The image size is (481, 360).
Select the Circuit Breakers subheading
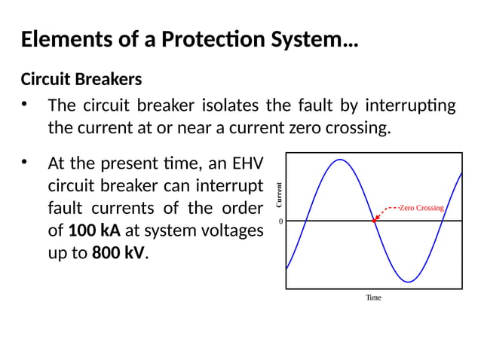click(81, 79)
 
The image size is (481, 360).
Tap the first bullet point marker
click(26, 105)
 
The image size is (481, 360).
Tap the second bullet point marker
click(26, 162)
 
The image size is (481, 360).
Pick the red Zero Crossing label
click(421, 207)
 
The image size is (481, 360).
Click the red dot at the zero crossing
click(375, 221)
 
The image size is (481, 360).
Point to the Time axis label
click(373, 297)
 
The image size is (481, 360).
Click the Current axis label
click(278, 195)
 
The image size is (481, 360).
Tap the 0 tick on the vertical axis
click(280, 221)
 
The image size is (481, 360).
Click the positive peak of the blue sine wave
click(341, 160)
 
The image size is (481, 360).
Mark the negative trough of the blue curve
click(408, 282)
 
